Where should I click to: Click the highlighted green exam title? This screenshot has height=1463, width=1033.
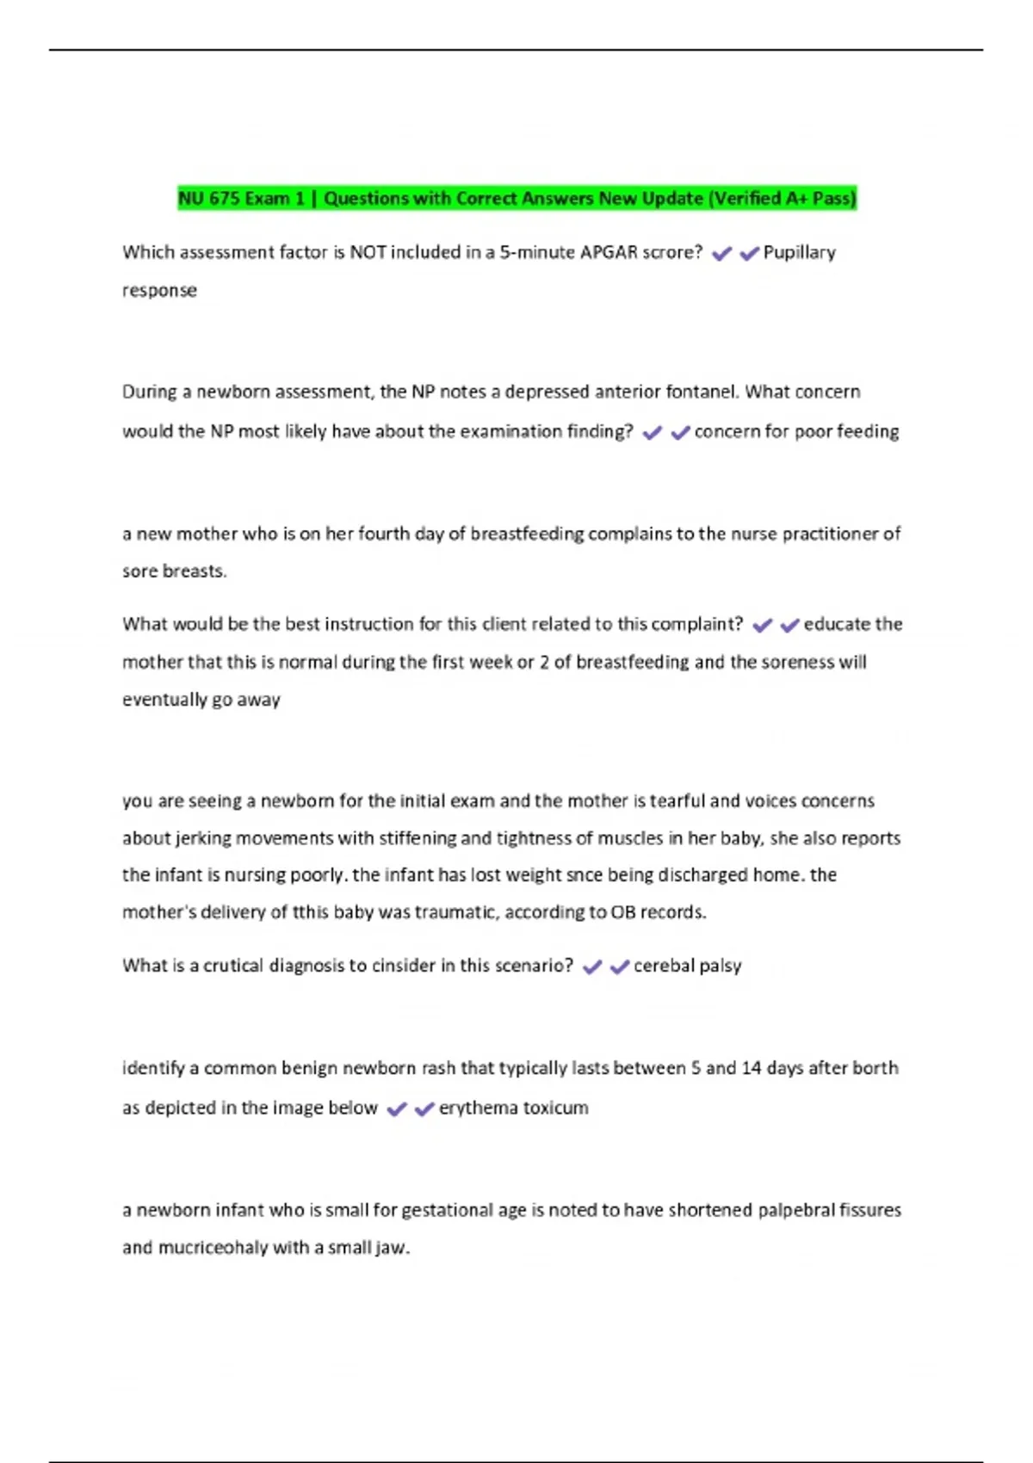pos(516,199)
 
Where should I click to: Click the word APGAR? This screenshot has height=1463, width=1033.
pos(609,252)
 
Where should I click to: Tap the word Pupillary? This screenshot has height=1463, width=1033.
pos(799,252)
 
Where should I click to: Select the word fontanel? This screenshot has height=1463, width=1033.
pos(704,392)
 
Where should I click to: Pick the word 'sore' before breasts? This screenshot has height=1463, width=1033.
pos(139,571)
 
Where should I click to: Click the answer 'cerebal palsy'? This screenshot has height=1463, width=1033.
pos(687,966)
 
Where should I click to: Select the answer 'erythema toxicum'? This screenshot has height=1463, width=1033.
pos(513,1108)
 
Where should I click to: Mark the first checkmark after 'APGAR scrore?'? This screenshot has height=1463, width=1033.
pos(721,253)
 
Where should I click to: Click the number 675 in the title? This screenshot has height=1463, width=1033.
pos(224,199)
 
